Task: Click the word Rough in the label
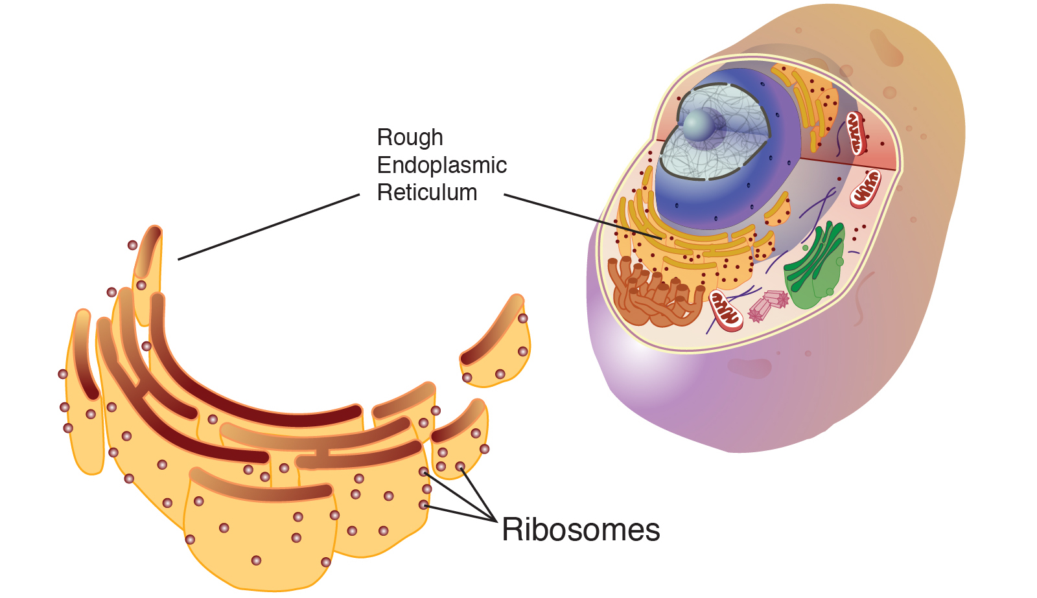(410, 137)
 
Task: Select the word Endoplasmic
(441, 165)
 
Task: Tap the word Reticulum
(427, 192)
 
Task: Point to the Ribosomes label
(581, 530)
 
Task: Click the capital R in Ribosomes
(511, 530)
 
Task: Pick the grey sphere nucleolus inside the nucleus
(698, 125)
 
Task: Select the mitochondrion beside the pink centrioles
(726, 310)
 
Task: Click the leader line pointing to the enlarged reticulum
(268, 227)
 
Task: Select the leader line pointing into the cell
(583, 216)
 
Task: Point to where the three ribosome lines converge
(496, 520)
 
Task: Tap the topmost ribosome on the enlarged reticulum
(132, 245)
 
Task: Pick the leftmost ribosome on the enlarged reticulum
(63, 374)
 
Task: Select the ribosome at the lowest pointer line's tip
(423, 505)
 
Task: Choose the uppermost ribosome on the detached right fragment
(522, 318)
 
